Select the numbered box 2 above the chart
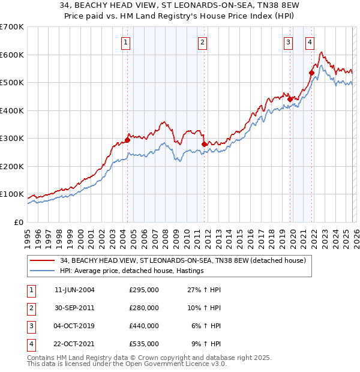(x=203, y=42)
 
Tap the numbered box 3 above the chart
(x=289, y=42)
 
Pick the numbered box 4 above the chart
(x=310, y=42)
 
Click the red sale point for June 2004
(x=127, y=140)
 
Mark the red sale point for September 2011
(x=205, y=144)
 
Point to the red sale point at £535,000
(x=311, y=73)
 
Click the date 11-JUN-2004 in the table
(x=74, y=290)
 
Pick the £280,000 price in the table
(x=144, y=308)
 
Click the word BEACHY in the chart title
(x=79, y=5)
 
